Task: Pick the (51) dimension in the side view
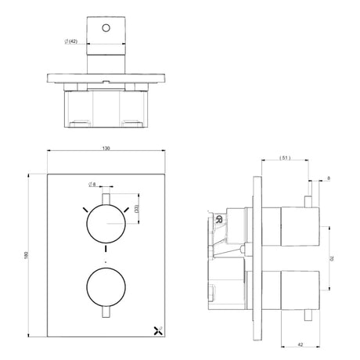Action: point(285,158)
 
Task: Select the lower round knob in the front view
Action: point(104,288)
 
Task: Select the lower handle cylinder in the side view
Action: point(297,288)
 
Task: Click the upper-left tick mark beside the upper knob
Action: point(81,209)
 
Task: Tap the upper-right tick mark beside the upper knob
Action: point(126,209)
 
